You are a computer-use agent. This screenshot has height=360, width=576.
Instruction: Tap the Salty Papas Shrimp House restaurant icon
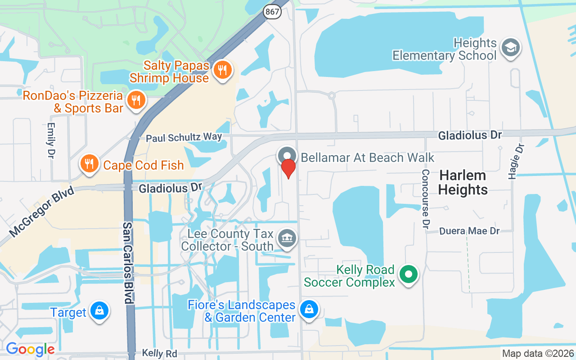[222, 71]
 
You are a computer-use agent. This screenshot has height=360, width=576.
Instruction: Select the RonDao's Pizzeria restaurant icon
[135, 100]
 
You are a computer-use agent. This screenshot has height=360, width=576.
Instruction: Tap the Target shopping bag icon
[99, 311]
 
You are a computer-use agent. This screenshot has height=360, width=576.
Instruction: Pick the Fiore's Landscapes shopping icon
[309, 310]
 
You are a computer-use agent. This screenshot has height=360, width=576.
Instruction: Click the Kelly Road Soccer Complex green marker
[409, 274]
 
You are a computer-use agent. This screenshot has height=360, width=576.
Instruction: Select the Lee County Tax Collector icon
[287, 237]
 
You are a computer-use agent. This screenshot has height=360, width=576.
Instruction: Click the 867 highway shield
[273, 12]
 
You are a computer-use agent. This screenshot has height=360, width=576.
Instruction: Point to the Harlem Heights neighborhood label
[463, 182]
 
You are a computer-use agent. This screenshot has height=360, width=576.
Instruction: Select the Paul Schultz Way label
[184, 137]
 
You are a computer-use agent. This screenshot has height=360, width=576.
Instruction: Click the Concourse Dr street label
[425, 198]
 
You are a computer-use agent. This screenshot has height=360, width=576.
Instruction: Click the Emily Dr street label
[50, 140]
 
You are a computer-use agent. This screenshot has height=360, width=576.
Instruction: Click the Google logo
[30, 349]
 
